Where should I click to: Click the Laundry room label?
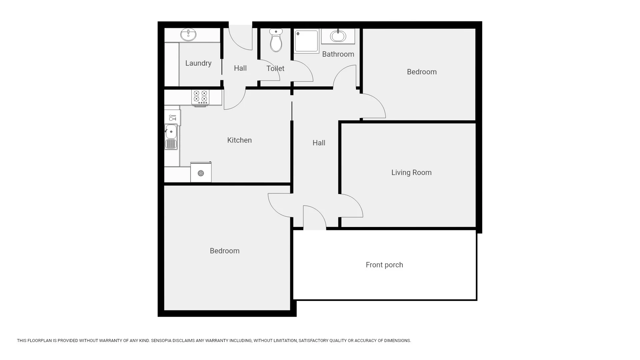point(198,63)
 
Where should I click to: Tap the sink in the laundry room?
point(188,35)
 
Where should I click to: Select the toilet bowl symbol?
point(276,41)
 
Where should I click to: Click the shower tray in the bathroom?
point(306,41)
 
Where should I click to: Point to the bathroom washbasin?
point(338,36)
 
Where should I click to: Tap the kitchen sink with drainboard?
point(171,137)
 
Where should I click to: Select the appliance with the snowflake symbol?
point(201,173)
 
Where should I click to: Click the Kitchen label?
point(239,140)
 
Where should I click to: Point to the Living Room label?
point(411,172)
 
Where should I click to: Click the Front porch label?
point(384,265)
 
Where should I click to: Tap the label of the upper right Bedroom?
point(422,72)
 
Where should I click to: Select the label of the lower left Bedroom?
point(224,251)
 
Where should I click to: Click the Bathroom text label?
point(338,54)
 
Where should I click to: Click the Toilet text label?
point(275,68)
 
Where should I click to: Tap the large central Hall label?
point(319,143)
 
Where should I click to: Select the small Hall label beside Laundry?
point(240,68)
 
